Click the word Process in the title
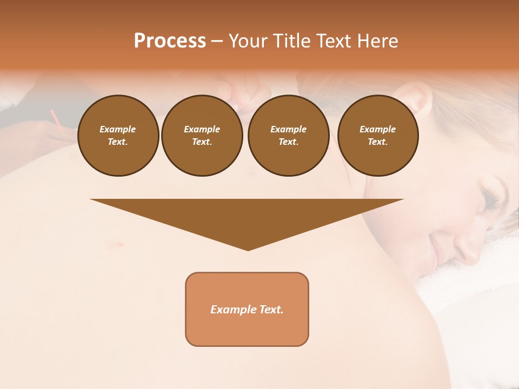click(170, 41)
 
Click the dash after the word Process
click(217, 42)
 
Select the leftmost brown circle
click(118, 136)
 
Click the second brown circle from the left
click(202, 136)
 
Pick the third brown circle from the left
click(288, 136)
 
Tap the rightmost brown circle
click(377, 136)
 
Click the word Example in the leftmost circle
click(118, 129)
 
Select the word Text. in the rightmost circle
click(377, 142)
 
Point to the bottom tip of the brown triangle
click(248, 250)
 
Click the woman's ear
click(416, 100)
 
